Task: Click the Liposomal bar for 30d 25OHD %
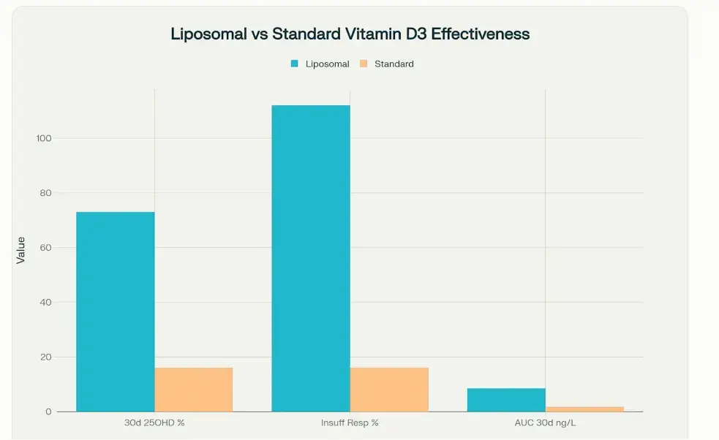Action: tap(116, 312)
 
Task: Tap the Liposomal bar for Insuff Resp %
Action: tap(311, 259)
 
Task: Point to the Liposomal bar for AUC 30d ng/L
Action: tap(506, 400)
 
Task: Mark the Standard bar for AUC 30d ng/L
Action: tap(584, 409)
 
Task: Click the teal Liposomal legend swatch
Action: tap(294, 64)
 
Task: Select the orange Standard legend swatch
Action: tap(364, 64)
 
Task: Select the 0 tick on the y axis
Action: tap(48, 412)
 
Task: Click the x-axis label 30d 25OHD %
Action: tap(154, 423)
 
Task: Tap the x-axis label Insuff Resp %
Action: tap(350, 423)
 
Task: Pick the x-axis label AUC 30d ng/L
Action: tap(545, 423)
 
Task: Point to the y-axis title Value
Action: tap(20, 250)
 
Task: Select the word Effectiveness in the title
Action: tap(483, 34)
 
